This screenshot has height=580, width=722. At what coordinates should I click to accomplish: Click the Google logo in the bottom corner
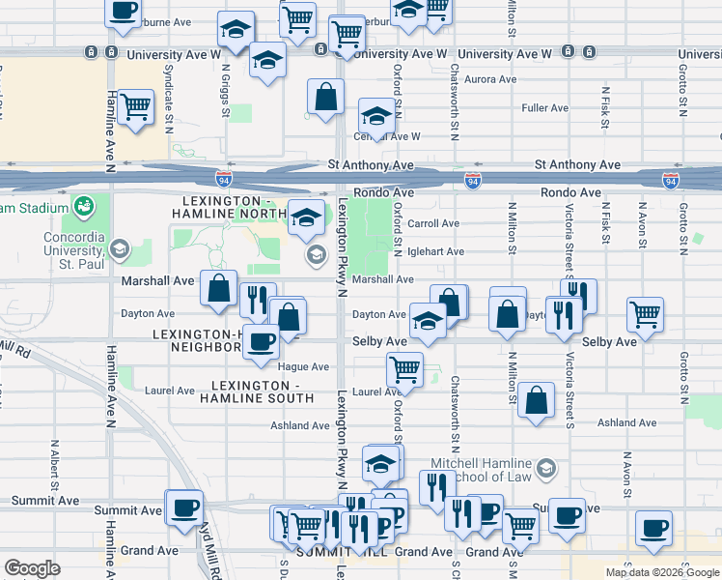[32, 567]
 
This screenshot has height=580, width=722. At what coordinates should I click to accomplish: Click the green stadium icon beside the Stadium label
[84, 206]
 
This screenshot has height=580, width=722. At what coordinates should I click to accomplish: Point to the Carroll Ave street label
[433, 223]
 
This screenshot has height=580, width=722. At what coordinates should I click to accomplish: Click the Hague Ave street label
[303, 367]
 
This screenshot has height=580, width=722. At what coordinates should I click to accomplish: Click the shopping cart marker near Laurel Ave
[404, 368]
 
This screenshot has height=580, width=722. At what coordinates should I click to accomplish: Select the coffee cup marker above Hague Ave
[260, 341]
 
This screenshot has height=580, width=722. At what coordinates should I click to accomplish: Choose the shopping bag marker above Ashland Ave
[536, 399]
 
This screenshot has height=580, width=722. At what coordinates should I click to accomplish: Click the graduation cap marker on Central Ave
[376, 118]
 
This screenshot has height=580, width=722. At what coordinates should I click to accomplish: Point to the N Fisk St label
[604, 107]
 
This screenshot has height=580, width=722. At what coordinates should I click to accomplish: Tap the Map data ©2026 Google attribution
[662, 572]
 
